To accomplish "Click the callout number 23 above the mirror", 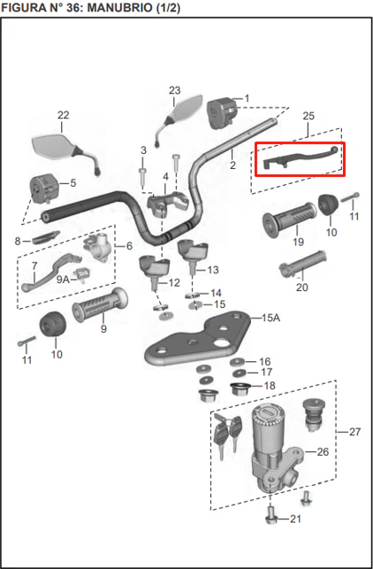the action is (x=174, y=90).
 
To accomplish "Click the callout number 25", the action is (x=308, y=116).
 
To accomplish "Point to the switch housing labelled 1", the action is (x=222, y=113).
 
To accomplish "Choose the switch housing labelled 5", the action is (x=44, y=188).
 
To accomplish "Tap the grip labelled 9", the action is (x=100, y=305).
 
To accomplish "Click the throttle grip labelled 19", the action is (x=289, y=219).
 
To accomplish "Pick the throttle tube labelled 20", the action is (x=303, y=264).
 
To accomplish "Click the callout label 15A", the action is (x=270, y=318).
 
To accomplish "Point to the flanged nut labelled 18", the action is (x=239, y=389).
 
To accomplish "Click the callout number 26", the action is (x=323, y=452).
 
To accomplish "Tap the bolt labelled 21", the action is (x=271, y=516).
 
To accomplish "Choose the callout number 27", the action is (x=354, y=432).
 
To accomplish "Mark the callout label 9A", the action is (x=63, y=280).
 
